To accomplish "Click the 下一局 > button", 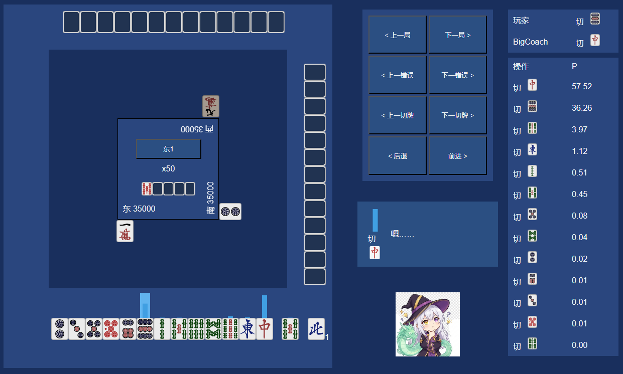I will (457, 35).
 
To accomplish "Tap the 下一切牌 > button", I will (457, 115).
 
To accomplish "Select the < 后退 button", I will (397, 156).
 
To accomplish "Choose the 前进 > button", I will (457, 156).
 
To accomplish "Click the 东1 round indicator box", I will (168, 149).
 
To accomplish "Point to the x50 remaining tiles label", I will (168, 168).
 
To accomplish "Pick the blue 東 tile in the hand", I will (247, 329).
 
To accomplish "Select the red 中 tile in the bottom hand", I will (265, 329).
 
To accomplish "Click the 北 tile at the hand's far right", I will (316, 329).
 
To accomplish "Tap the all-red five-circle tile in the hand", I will (111, 329).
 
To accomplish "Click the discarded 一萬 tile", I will (125, 231).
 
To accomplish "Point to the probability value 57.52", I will (582, 86).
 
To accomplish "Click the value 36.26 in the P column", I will (582, 108).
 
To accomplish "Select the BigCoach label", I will (530, 42).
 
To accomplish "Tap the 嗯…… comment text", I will (402, 234).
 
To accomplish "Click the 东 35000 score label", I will (139, 209).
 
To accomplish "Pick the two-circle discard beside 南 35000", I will (230, 212).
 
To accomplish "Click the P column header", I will (574, 67).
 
